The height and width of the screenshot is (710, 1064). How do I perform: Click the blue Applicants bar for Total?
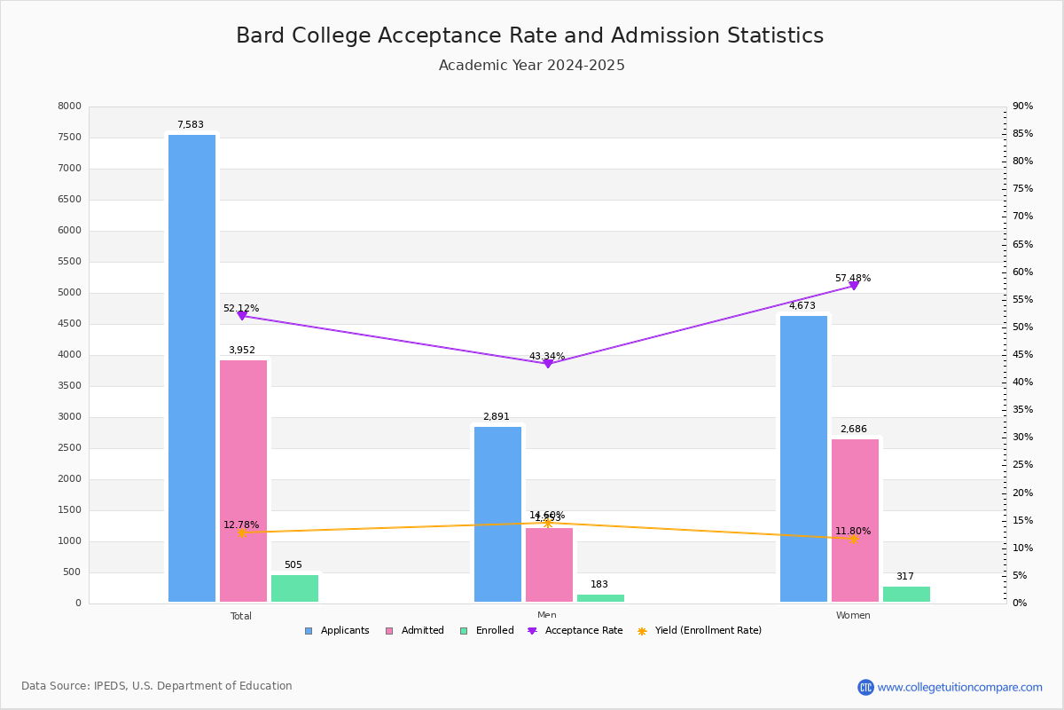[x=192, y=368]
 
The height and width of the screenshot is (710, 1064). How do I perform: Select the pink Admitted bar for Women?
[x=855, y=520]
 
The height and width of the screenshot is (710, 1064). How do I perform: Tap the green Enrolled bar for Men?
[x=600, y=598]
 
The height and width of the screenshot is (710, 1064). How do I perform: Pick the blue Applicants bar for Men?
[x=497, y=515]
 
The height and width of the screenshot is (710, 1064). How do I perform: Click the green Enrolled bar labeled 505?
[x=294, y=588]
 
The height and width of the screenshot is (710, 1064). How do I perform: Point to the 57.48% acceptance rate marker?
[x=854, y=286]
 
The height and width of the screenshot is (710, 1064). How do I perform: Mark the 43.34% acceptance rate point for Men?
[x=547, y=364]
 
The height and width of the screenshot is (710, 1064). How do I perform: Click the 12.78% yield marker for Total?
[x=241, y=533]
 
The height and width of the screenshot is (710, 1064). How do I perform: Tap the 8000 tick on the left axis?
[x=70, y=106]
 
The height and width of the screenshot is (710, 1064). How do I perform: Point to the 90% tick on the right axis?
[x=1022, y=106]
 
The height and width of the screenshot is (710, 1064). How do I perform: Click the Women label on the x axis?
[x=853, y=616]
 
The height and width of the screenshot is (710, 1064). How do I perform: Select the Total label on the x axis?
[x=241, y=616]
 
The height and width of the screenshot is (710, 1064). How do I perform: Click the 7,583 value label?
[x=190, y=125]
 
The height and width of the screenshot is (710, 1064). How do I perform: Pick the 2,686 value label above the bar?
[x=855, y=430]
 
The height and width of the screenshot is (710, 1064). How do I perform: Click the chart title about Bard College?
[x=529, y=35]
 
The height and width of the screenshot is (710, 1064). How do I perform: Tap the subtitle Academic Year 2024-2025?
[x=531, y=66]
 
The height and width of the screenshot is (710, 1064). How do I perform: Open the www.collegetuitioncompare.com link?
[x=959, y=687]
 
